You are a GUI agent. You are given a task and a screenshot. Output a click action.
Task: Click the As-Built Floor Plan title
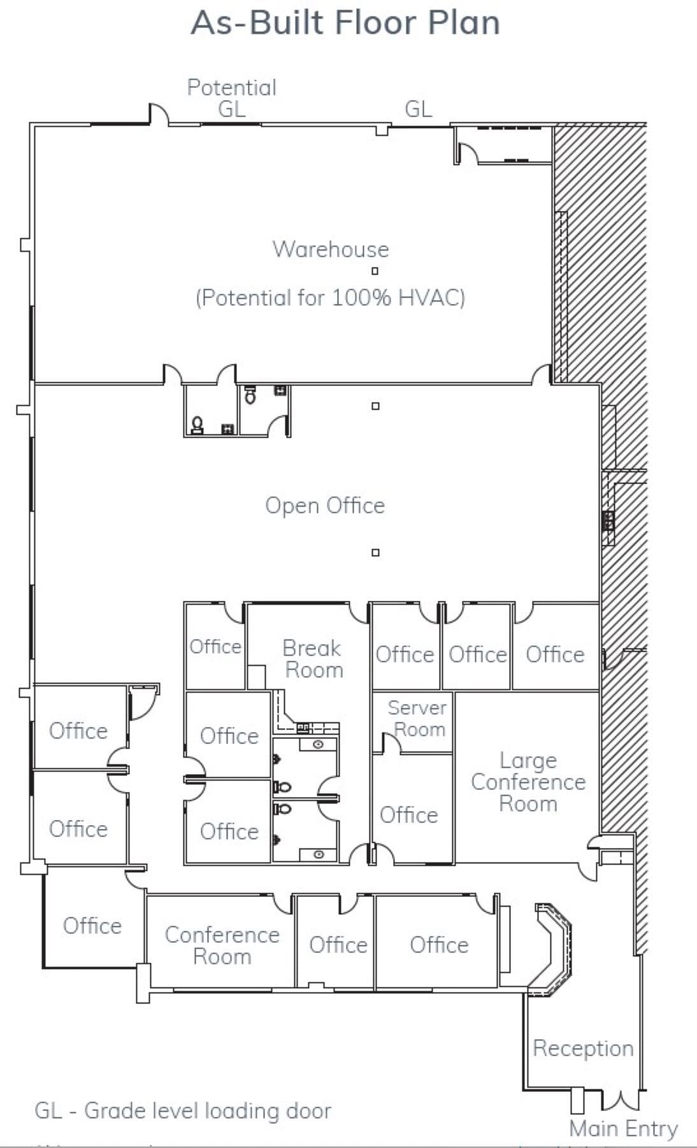345,23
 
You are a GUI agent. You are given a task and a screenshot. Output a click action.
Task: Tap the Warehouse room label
330,249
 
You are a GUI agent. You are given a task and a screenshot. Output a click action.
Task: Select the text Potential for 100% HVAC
330,298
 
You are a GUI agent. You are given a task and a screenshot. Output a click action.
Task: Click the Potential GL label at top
231,97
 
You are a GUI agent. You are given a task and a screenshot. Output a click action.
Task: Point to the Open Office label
325,505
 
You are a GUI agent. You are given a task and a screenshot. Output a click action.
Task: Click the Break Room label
313,659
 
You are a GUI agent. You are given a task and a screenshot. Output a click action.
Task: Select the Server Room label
417,718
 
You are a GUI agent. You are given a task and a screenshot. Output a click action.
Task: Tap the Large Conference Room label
528,782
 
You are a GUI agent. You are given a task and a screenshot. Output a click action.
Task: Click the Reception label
583,1048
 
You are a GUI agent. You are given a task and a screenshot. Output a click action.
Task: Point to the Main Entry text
623,1128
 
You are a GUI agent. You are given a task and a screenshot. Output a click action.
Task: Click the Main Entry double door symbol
621,1100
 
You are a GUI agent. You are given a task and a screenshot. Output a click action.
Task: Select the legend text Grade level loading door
183,1110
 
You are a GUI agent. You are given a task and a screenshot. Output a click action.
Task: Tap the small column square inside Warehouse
375,271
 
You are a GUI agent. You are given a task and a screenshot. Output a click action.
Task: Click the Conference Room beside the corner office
222,945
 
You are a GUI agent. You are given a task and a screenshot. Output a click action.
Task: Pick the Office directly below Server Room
408,815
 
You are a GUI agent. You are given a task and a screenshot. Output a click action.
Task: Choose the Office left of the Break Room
215,647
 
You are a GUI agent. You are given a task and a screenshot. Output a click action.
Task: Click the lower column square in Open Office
375,552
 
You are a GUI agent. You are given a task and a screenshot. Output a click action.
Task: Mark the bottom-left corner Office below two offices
92,925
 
